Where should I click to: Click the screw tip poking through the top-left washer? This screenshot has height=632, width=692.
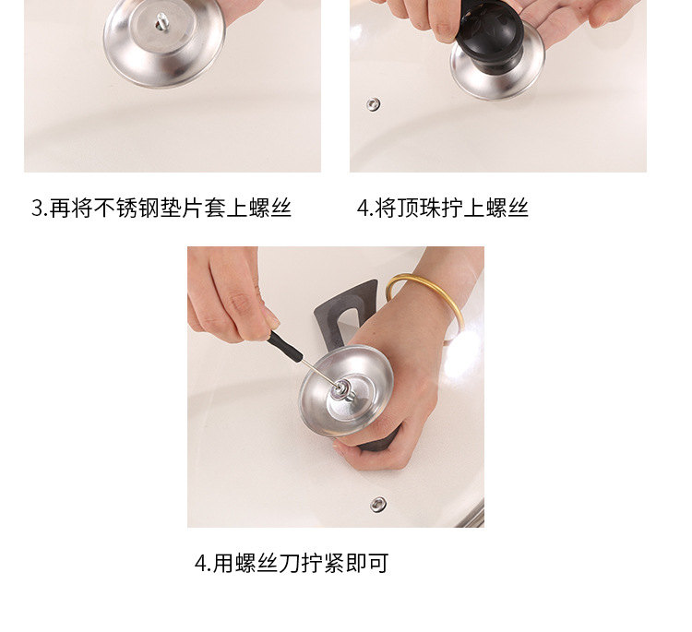161,20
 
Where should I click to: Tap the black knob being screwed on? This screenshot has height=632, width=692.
489,38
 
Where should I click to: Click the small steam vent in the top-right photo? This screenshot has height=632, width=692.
374,104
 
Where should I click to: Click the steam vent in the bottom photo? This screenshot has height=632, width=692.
378,504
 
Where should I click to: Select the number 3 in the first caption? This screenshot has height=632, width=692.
37,208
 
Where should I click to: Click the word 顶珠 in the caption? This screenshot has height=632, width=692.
418,208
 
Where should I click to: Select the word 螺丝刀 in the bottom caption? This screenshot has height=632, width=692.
268,563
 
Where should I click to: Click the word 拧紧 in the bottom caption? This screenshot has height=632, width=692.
323,563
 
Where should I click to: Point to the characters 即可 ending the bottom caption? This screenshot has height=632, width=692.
366,563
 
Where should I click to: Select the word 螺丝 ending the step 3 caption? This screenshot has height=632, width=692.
269,208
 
